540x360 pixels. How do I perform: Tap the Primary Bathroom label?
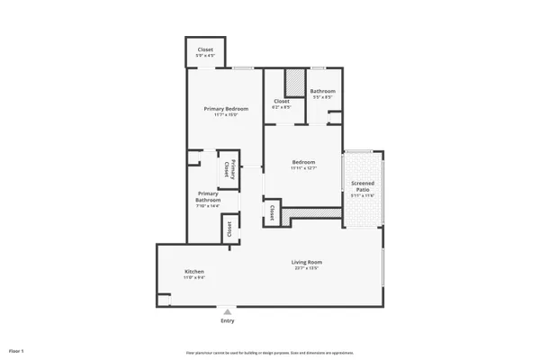coord(208,196)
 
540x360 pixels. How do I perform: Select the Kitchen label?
coord(194,272)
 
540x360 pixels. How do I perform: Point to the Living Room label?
coord(307,263)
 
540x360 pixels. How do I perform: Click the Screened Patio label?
coord(363,186)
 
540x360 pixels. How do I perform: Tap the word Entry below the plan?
coord(228,320)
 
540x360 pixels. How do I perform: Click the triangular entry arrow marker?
coord(228,311)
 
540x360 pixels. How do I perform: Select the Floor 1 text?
coord(16,349)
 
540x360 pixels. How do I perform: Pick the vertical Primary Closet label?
coord(229,169)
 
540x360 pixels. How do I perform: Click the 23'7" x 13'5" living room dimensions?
coord(307,269)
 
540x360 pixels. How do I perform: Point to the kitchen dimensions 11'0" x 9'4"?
coord(194,278)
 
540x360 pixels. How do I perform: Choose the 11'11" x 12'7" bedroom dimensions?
coord(303,168)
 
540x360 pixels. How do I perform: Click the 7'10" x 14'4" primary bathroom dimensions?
coord(208,206)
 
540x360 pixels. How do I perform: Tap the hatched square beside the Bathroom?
coord(293,82)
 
